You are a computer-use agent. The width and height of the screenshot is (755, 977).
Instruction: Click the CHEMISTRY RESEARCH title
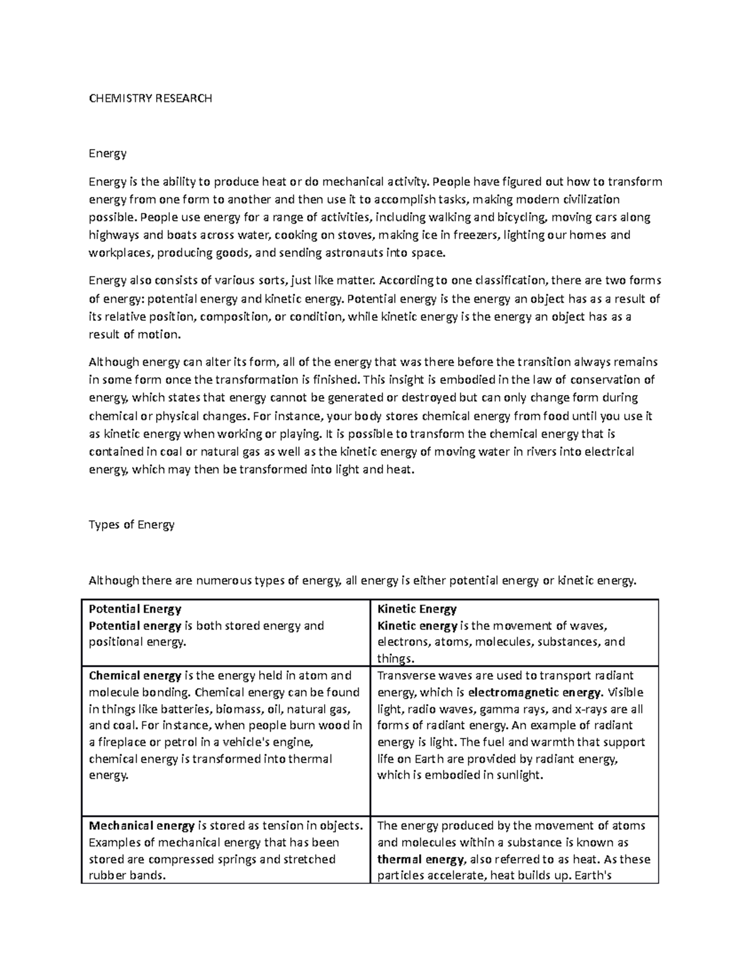point(150,98)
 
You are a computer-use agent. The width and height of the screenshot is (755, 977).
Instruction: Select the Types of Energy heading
point(131,524)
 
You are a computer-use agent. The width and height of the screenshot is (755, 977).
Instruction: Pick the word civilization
point(588,199)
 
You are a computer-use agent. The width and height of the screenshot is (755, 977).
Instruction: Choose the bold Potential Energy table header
point(135,608)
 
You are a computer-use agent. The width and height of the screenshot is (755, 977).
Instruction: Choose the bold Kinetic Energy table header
point(417,608)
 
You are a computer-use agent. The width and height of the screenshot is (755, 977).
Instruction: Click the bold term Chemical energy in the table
point(135,676)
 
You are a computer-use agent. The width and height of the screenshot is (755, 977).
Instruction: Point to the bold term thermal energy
point(420,859)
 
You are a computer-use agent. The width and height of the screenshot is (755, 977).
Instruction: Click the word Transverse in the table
point(405,676)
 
